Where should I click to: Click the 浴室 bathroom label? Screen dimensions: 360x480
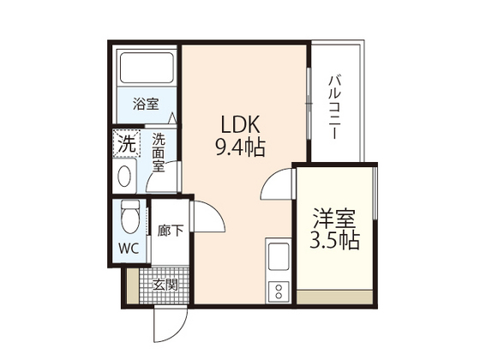pos(146,105)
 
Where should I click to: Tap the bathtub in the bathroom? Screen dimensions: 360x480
pos(146,68)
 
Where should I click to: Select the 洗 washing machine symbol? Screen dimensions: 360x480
pos(126,143)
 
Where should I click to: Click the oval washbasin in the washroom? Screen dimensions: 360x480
pos(125,177)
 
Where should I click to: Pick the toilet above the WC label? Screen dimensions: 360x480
pos(129,218)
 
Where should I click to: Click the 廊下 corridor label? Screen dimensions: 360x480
pos(171,231)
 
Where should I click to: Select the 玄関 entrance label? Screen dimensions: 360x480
pos(166,284)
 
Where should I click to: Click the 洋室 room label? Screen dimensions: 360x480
pos(335,217)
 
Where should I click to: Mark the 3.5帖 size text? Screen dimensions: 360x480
pos(335,241)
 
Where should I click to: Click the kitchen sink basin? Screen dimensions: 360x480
pos(279,256)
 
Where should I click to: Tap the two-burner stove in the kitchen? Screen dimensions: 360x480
pos(279,291)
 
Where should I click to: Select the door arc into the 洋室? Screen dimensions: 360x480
pos(277,182)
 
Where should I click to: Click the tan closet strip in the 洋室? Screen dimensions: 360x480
pos(334,297)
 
